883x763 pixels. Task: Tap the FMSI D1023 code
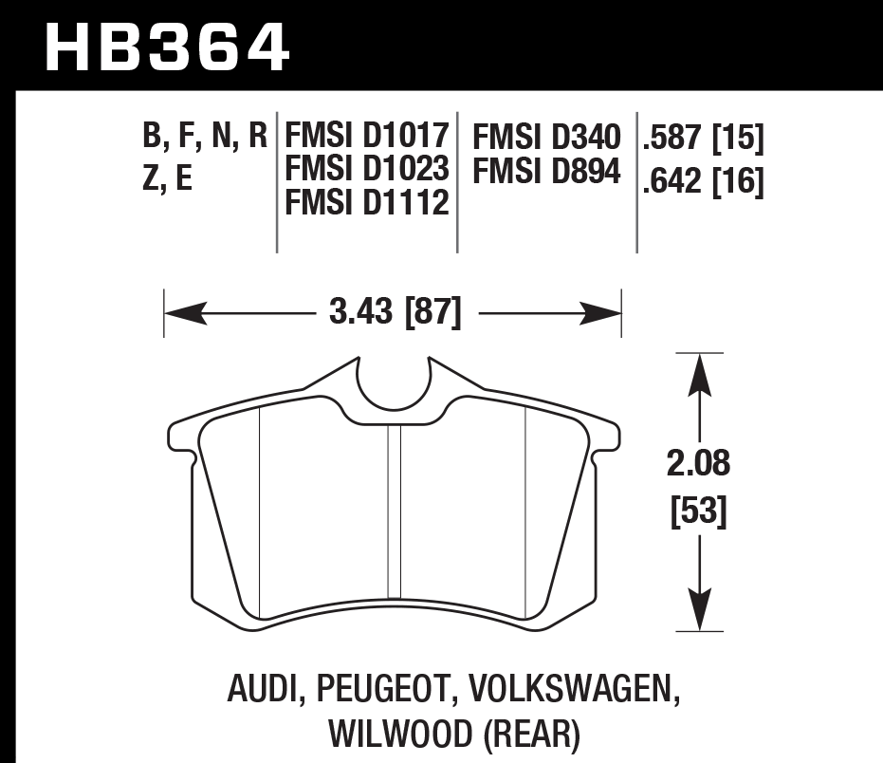[367, 169]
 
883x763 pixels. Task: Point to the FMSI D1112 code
[367, 200]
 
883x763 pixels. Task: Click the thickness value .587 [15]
[703, 140]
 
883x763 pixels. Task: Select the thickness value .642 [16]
[703, 180]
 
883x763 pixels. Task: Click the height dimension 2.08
[700, 466]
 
